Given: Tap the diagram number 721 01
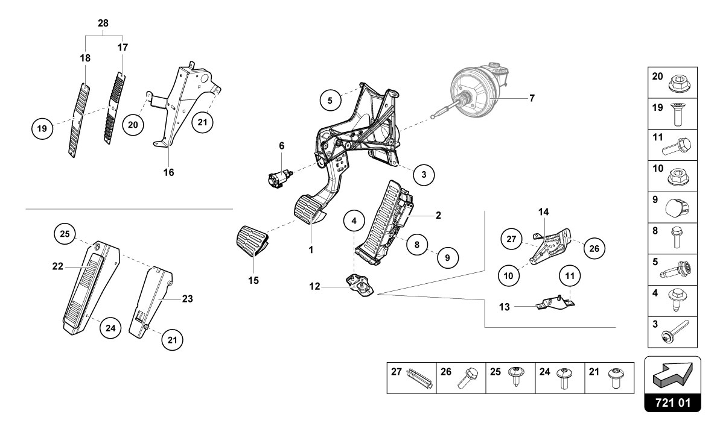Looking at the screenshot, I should [673, 401].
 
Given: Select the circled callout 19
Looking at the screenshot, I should [41, 128].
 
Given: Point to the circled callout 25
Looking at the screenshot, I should [65, 233].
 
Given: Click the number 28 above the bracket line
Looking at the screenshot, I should [103, 23].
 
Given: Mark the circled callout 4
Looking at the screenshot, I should [354, 221].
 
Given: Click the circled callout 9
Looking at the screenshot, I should [447, 257].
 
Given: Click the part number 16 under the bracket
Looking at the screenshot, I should [168, 172].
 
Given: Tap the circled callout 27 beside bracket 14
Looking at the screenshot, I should [511, 239].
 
